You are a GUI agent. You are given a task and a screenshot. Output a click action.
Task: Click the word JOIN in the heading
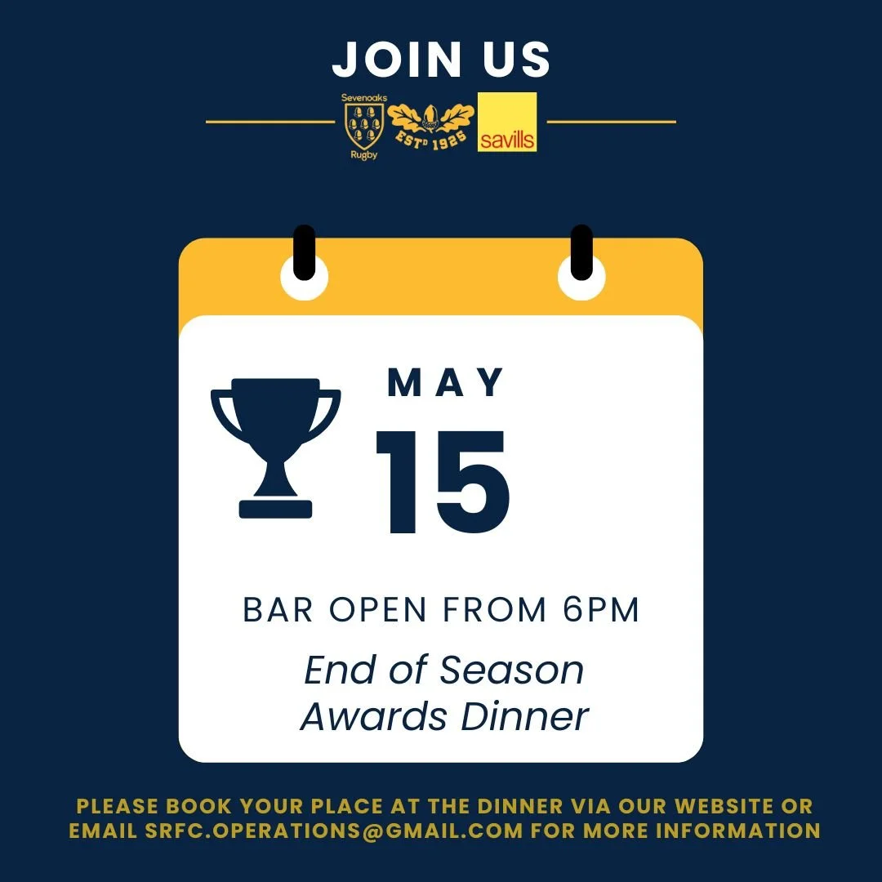click(395, 59)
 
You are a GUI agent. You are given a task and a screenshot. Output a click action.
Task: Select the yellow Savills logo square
click(507, 122)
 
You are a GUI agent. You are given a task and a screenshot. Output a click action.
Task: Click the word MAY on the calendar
click(446, 384)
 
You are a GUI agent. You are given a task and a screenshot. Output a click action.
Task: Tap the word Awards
click(375, 716)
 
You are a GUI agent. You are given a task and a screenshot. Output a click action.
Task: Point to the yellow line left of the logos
click(270, 122)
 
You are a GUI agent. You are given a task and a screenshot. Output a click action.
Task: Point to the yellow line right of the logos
click(611, 122)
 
